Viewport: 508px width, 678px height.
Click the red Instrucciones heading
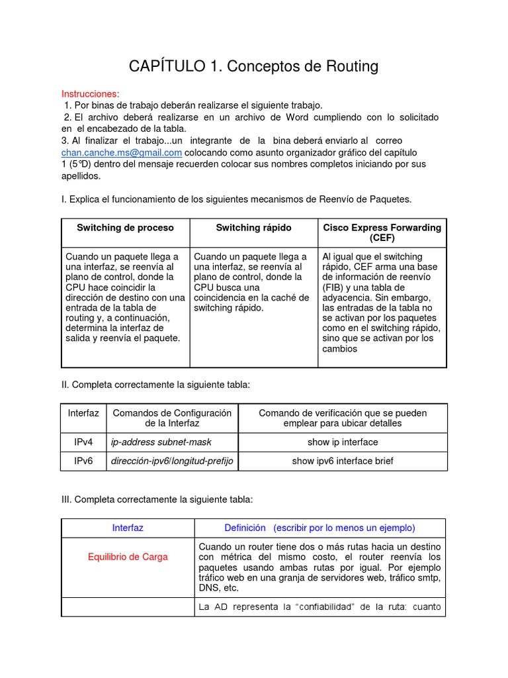click(x=91, y=94)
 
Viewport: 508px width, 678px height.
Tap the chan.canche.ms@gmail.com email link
click(x=122, y=152)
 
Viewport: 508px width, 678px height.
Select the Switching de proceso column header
click(x=125, y=228)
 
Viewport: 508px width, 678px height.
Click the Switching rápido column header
click(x=253, y=228)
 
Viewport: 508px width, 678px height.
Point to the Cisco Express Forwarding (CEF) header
click(x=382, y=232)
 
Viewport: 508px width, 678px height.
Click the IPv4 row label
click(x=83, y=442)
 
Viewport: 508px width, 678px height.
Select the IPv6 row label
click(x=83, y=461)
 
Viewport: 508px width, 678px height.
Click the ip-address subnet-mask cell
click(x=161, y=442)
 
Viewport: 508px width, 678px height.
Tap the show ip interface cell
click(x=343, y=442)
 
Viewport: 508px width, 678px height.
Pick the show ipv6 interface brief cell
click(x=343, y=461)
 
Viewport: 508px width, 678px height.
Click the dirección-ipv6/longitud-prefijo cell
click(x=172, y=461)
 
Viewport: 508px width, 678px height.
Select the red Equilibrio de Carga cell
click(x=128, y=557)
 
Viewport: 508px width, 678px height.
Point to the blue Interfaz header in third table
click(x=128, y=528)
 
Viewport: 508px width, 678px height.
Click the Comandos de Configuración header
click(x=172, y=418)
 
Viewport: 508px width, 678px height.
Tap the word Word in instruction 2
click(x=301, y=117)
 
